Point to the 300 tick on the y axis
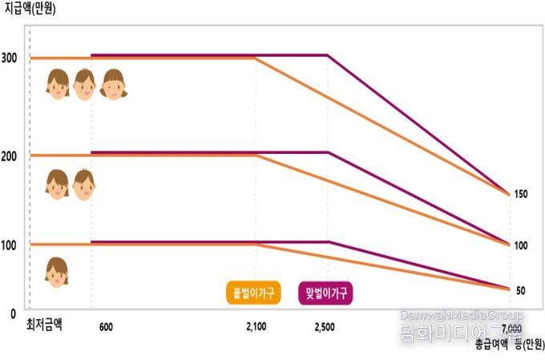tap(10, 58)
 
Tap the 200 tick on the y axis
tap(10, 156)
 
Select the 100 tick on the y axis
tap(10, 245)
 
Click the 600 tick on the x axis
tap(107, 327)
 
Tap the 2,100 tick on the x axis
tap(256, 327)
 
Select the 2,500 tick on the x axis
tap(325, 327)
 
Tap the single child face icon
tap(56, 273)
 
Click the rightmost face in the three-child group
tap(113, 83)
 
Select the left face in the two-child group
tap(56, 184)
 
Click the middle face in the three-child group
tap(84, 83)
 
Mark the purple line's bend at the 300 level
tap(328, 55)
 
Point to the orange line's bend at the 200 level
tap(256, 155)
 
